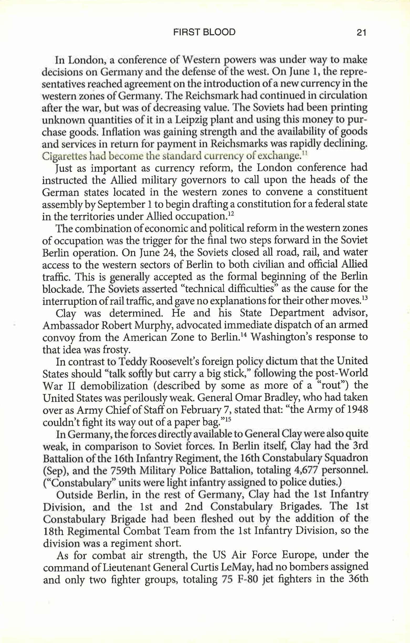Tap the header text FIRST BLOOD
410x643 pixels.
tap(204, 32)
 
